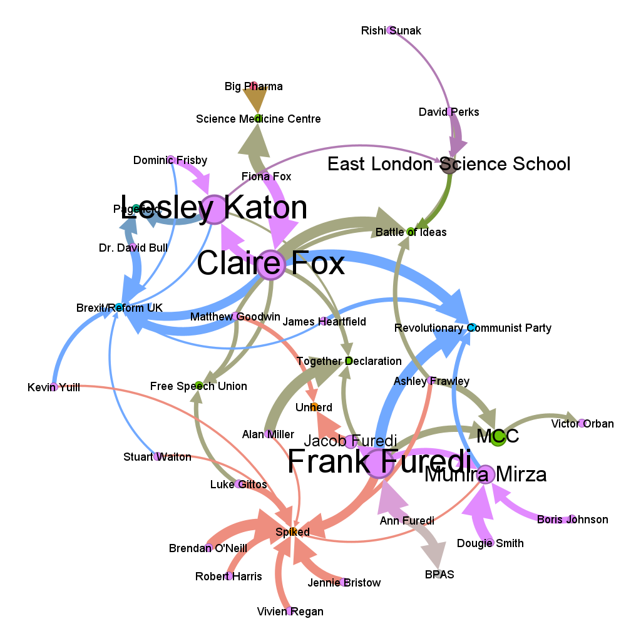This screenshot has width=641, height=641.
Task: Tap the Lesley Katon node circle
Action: click(x=213, y=208)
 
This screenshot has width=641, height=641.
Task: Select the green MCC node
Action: click(x=498, y=437)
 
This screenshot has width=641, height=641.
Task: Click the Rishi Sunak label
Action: click(x=391, y=31)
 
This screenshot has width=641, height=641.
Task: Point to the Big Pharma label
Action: click(x=254, y=86)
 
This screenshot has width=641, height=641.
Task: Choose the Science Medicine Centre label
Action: click(x=258, y=119)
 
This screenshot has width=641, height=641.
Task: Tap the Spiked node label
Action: click(x=292, y=532)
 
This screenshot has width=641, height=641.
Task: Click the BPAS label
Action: click(x=439, y=575)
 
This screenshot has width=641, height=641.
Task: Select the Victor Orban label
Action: click(x=582, y=424)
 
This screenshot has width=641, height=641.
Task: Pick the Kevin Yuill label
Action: click(x=54, y=387)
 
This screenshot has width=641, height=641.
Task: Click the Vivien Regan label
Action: click(x=290, y=612)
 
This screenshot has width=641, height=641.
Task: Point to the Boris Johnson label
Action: click(x=572, y=520)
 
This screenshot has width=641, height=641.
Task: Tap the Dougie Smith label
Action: click(x=490, y=543)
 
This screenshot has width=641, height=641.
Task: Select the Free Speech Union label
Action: click(x=198, y=386)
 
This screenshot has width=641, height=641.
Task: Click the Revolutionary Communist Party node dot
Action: click(x=472, y=327)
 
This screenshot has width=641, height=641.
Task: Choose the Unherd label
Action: click(x=314, y=408)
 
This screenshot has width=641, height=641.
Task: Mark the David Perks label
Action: click(x=449, y=112)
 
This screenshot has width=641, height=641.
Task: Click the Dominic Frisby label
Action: click(x=170, y=161)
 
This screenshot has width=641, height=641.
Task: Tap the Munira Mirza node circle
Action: click(x=485, y=474)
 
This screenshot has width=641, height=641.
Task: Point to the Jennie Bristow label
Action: click(x=344, y=583)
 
